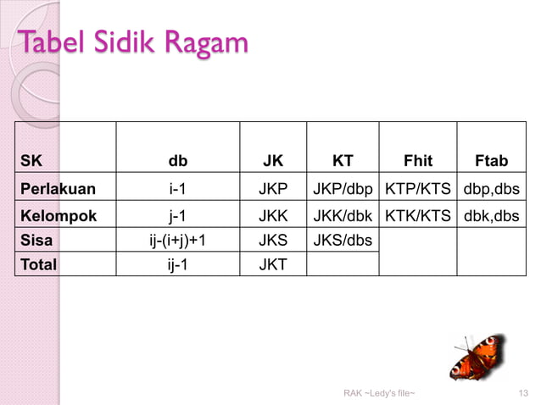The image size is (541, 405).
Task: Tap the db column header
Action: pyautogui.click(x=178, y=161)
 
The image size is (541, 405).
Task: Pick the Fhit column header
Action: pyautogui.click(x=418, y=161)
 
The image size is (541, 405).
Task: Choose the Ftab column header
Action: pyautogui.click(x=492, y=161)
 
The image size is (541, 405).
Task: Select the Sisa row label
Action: pyautogui.click(x=36, y=240)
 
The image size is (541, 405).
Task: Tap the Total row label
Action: pyautogui.click(x=39, y=264)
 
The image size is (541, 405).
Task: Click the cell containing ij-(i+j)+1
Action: pyautogui.click(x=178, y=240)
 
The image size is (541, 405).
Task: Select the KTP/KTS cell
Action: pyautogui.click(x=418, y=188)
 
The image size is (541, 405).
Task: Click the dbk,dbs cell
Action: pyautogui.click(x=492, y=215)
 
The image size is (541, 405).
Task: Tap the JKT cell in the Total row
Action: pyautogui.click(x=273, y=264)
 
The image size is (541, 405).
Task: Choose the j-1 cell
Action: pyautogui.click(x=178, y=215)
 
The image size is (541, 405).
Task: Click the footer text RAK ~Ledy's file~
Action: pyautogui.click(x=379, y=393)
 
